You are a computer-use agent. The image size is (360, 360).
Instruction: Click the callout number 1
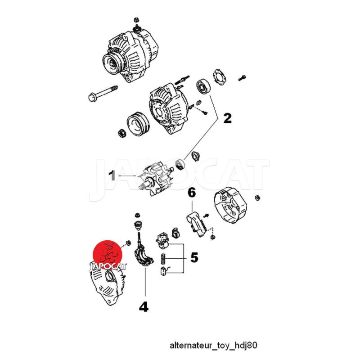coord(112,175)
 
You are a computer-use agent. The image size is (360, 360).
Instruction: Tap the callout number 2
coord(228,118)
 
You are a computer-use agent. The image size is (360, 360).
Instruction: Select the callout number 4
coord(144,307)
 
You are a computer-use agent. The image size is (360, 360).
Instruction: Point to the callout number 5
coord(194,257)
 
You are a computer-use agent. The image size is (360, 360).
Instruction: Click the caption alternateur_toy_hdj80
coord(213,345)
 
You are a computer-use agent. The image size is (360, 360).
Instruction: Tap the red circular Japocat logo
coord(108,255)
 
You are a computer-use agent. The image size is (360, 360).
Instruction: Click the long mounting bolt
coord(103,93)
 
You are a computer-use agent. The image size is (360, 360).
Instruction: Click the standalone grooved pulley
coord(138,124)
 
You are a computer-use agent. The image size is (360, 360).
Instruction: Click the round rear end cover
coord(230,206)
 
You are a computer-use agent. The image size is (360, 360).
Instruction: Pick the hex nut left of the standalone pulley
coord(121,133)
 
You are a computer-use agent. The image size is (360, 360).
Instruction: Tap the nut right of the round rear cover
coord(257,198)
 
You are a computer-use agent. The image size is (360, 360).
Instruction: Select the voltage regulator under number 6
coord(197,224)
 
